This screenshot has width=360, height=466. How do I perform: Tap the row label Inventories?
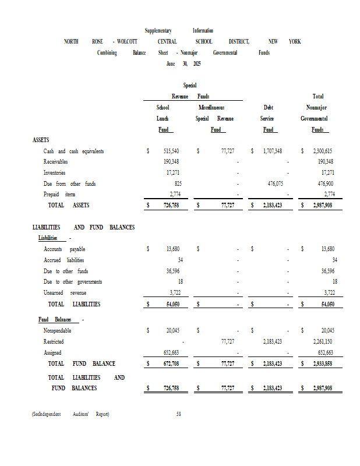[54, 173]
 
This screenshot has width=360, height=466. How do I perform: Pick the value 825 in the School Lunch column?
[178, 183]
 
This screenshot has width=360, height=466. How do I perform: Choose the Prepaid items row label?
[59, 194]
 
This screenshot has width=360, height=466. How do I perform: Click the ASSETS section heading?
[41, 140]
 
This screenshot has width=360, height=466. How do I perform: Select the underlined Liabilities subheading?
[48, 238]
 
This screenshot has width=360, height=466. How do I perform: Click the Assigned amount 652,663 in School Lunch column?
[171, 352]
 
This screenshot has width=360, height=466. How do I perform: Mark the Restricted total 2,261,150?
[322, 341]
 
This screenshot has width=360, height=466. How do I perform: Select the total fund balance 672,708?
[171, 363]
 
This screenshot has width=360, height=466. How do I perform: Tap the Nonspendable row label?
[58, 330]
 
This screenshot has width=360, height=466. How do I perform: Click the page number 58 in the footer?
[179, 414]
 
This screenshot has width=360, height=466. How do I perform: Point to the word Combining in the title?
[107, 52]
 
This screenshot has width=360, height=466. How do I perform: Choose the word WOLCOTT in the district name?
[127, 41]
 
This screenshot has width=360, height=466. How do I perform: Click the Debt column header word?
[268, 108]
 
